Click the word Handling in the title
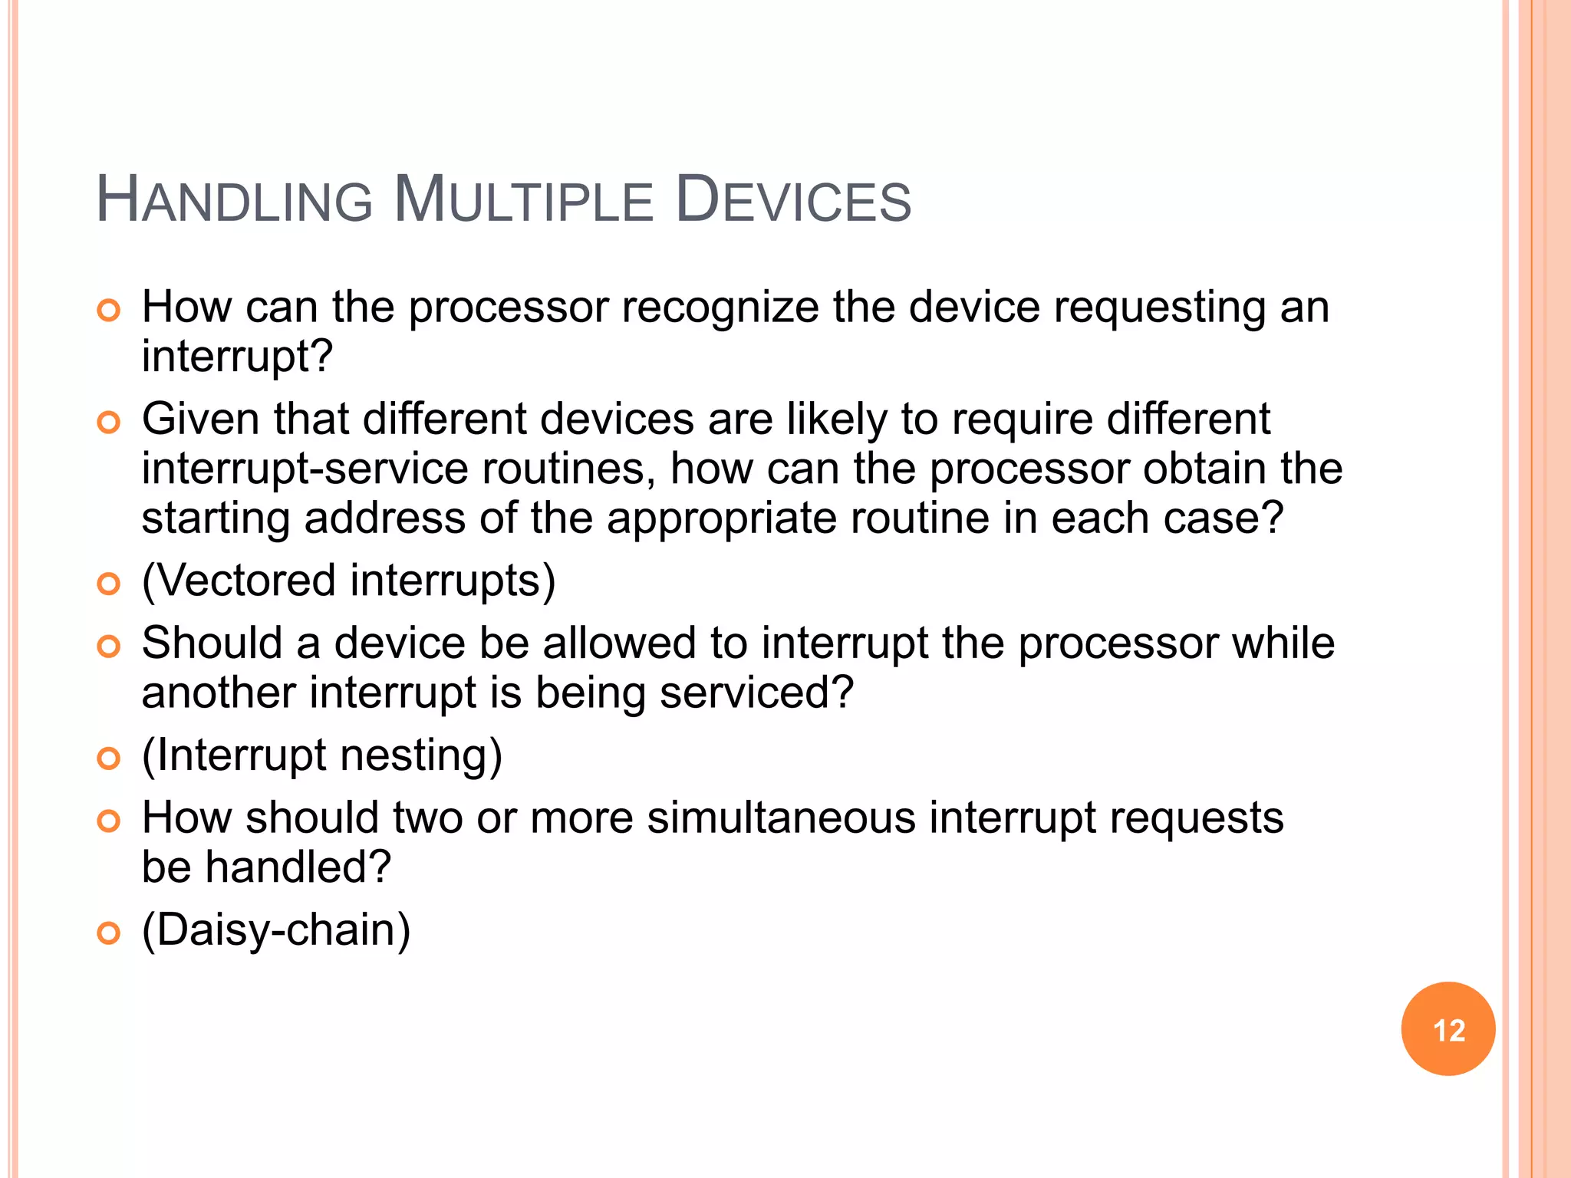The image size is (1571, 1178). (x=234, y=201)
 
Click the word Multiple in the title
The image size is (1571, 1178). (x=522, y=201)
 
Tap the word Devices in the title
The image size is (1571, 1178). (x=793, y=201)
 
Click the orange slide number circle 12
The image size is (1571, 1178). (x=1447, y=1029)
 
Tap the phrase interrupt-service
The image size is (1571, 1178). (x=305, y=469)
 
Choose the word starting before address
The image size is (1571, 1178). (x=216, y=519)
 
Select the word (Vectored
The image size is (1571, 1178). (x=239, y=581)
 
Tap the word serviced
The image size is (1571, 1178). (x=756, y=693)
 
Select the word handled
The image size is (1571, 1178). (x=298, y=867)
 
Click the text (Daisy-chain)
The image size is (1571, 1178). (x=276, y=930)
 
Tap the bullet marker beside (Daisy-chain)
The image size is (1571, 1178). (x=109, y=933)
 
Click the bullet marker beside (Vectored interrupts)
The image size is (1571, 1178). (x=109, y=584)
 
